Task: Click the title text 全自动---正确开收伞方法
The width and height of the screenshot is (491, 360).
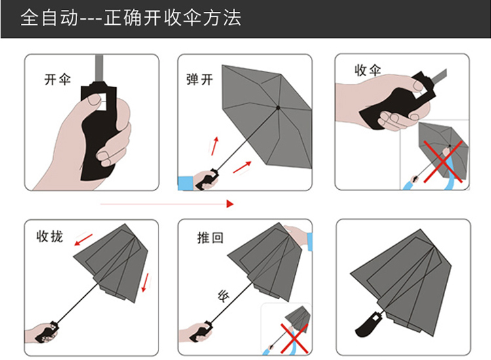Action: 131,18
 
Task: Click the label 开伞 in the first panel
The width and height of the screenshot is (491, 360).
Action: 58,79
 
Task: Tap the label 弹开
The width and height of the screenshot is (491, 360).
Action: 200,79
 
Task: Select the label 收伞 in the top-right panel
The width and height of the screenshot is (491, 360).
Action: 368,70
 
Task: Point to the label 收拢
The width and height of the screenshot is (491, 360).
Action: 50,236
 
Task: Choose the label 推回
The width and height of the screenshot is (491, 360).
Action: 210,238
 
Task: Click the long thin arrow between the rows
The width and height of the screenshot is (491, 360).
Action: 167,204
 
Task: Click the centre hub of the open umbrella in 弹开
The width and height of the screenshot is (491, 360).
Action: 278,108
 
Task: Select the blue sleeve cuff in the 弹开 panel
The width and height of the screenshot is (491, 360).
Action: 185,183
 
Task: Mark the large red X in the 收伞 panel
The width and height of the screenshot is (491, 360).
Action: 443,161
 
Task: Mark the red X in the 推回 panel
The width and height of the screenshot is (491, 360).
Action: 294,338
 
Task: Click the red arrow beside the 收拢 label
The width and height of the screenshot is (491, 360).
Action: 84,240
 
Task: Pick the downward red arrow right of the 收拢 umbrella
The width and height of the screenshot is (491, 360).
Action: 145,283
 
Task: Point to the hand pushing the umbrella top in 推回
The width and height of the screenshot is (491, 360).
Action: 297,235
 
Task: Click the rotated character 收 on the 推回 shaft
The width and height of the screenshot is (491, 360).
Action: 223,296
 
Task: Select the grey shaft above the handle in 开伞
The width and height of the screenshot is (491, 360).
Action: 100,69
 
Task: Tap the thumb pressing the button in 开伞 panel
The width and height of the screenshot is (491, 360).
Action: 94,101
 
